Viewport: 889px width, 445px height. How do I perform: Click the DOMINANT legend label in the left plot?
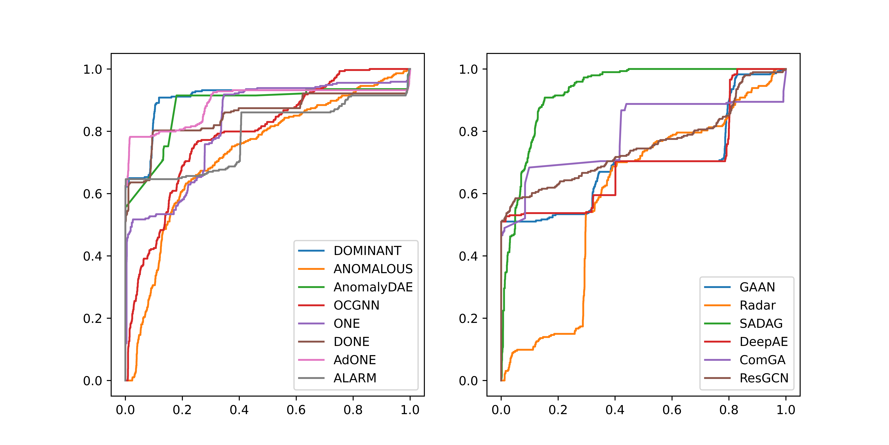coord(367,251)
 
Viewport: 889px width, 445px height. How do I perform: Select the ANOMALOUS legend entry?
coord(373,269)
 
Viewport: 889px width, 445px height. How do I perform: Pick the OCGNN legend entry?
coord(356,305)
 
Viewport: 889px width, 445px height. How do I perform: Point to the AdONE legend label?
coord(354,360)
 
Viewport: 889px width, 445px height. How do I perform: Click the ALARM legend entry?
coord(355,378)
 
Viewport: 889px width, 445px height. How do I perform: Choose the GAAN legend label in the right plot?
coord(757,287)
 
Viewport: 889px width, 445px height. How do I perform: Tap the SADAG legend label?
coord(761,324)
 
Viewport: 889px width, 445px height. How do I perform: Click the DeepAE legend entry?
coord(763,342)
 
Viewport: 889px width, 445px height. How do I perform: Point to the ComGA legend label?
coord(762,360)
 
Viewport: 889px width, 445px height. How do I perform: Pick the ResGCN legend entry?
coord(764,378)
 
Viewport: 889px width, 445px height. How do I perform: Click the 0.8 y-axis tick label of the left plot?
coord(92,132)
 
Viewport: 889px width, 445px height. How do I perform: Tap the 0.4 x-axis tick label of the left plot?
coord(239,410)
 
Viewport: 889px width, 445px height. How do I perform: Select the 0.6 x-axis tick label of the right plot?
coord(672,410)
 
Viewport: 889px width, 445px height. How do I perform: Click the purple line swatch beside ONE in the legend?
coord(311,324)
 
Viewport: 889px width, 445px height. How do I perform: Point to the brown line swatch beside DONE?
coord(311,342)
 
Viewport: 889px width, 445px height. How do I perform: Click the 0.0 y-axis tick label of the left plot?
coord(92,381)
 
